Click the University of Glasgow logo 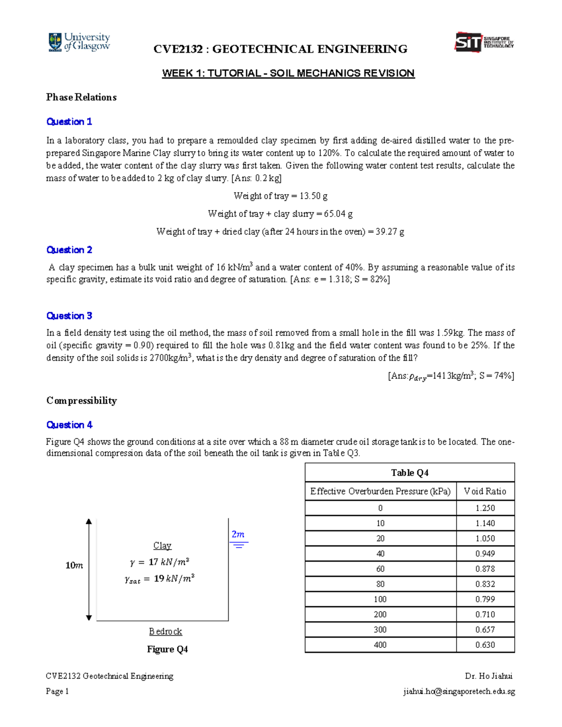[x=79, y=42]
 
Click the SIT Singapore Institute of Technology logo [x=484, y=43]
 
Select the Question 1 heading [x=69, y=122]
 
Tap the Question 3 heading [x=69, y=316]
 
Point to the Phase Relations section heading [x=81, y=97]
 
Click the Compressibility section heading [x=81, y=401]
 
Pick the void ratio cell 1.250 [x=485, y=508]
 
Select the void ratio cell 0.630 [x=485, y=645]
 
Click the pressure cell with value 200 [x=380, y=614]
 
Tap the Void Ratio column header [x=485, y=491]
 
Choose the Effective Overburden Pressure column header [x=380, y=491]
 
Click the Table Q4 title [x=409, y=473]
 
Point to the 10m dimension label [x=74, y=565]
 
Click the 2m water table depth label [x=238, y=535]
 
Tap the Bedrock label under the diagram [x=165, y=632]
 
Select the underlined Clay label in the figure [x=162, y=546]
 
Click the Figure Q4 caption [x=167, y=649]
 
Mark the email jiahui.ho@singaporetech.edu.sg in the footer [x=458, y=691]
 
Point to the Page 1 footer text [x=57, y=691]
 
